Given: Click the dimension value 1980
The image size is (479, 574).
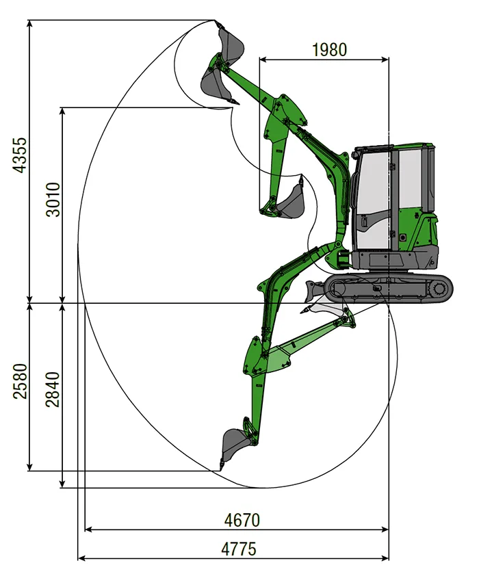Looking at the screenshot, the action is click(329, 50).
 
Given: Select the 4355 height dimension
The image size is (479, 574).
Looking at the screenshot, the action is click(20, 155).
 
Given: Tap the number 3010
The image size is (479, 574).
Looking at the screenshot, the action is click(53, 200).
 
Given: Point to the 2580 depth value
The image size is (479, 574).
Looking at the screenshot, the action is click(20, 381).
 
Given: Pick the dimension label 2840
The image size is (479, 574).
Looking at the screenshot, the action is click(53, 389).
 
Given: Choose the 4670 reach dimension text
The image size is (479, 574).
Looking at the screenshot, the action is click(242, 520).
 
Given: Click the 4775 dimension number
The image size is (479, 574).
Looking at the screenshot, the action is click(239, 549).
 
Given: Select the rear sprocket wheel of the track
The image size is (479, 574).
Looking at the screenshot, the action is click(439, 289).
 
